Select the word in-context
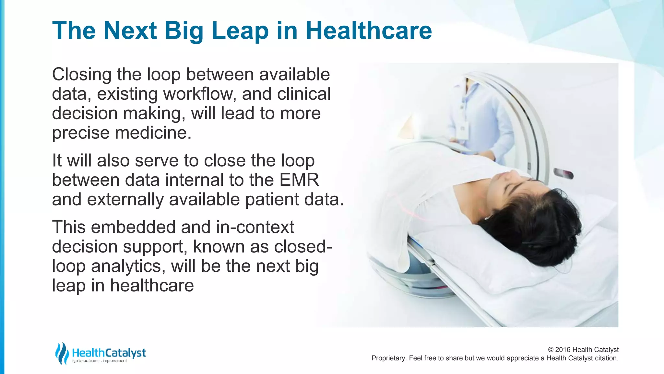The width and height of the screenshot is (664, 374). (x=255, y=227)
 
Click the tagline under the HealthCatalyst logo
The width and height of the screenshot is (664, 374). (x=100, y=361)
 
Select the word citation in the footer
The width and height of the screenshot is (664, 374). (x=606, y=358)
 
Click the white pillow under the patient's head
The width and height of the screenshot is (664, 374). (x=486, y=260)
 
